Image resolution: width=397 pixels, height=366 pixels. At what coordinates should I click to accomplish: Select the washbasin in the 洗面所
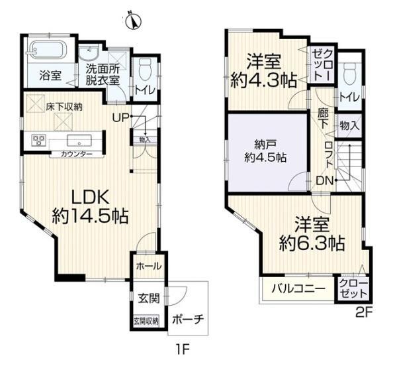point(89,53)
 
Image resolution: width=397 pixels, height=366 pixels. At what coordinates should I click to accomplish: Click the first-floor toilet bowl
point(145,67)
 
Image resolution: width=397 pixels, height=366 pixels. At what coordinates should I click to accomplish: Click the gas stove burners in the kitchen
point(38,141)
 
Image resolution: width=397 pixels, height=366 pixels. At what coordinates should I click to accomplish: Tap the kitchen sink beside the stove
point(79,141)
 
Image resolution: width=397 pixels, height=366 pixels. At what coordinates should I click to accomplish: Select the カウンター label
point(77,154)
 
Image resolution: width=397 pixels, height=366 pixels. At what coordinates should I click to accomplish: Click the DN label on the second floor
point(325,180)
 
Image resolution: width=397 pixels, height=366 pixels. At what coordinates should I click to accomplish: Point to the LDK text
point(91,197)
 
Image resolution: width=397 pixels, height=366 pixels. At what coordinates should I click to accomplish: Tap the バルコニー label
point(298,288)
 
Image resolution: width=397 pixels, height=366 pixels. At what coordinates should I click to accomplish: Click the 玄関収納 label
point(146,321)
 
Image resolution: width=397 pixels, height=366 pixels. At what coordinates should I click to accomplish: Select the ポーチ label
point(188,320)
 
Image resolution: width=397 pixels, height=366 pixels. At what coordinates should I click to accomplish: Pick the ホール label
point(149,266)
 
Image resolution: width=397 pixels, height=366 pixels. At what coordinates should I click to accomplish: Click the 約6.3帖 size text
point(312,243)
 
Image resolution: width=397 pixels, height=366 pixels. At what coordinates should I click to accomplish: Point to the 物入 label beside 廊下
point(349,126)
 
